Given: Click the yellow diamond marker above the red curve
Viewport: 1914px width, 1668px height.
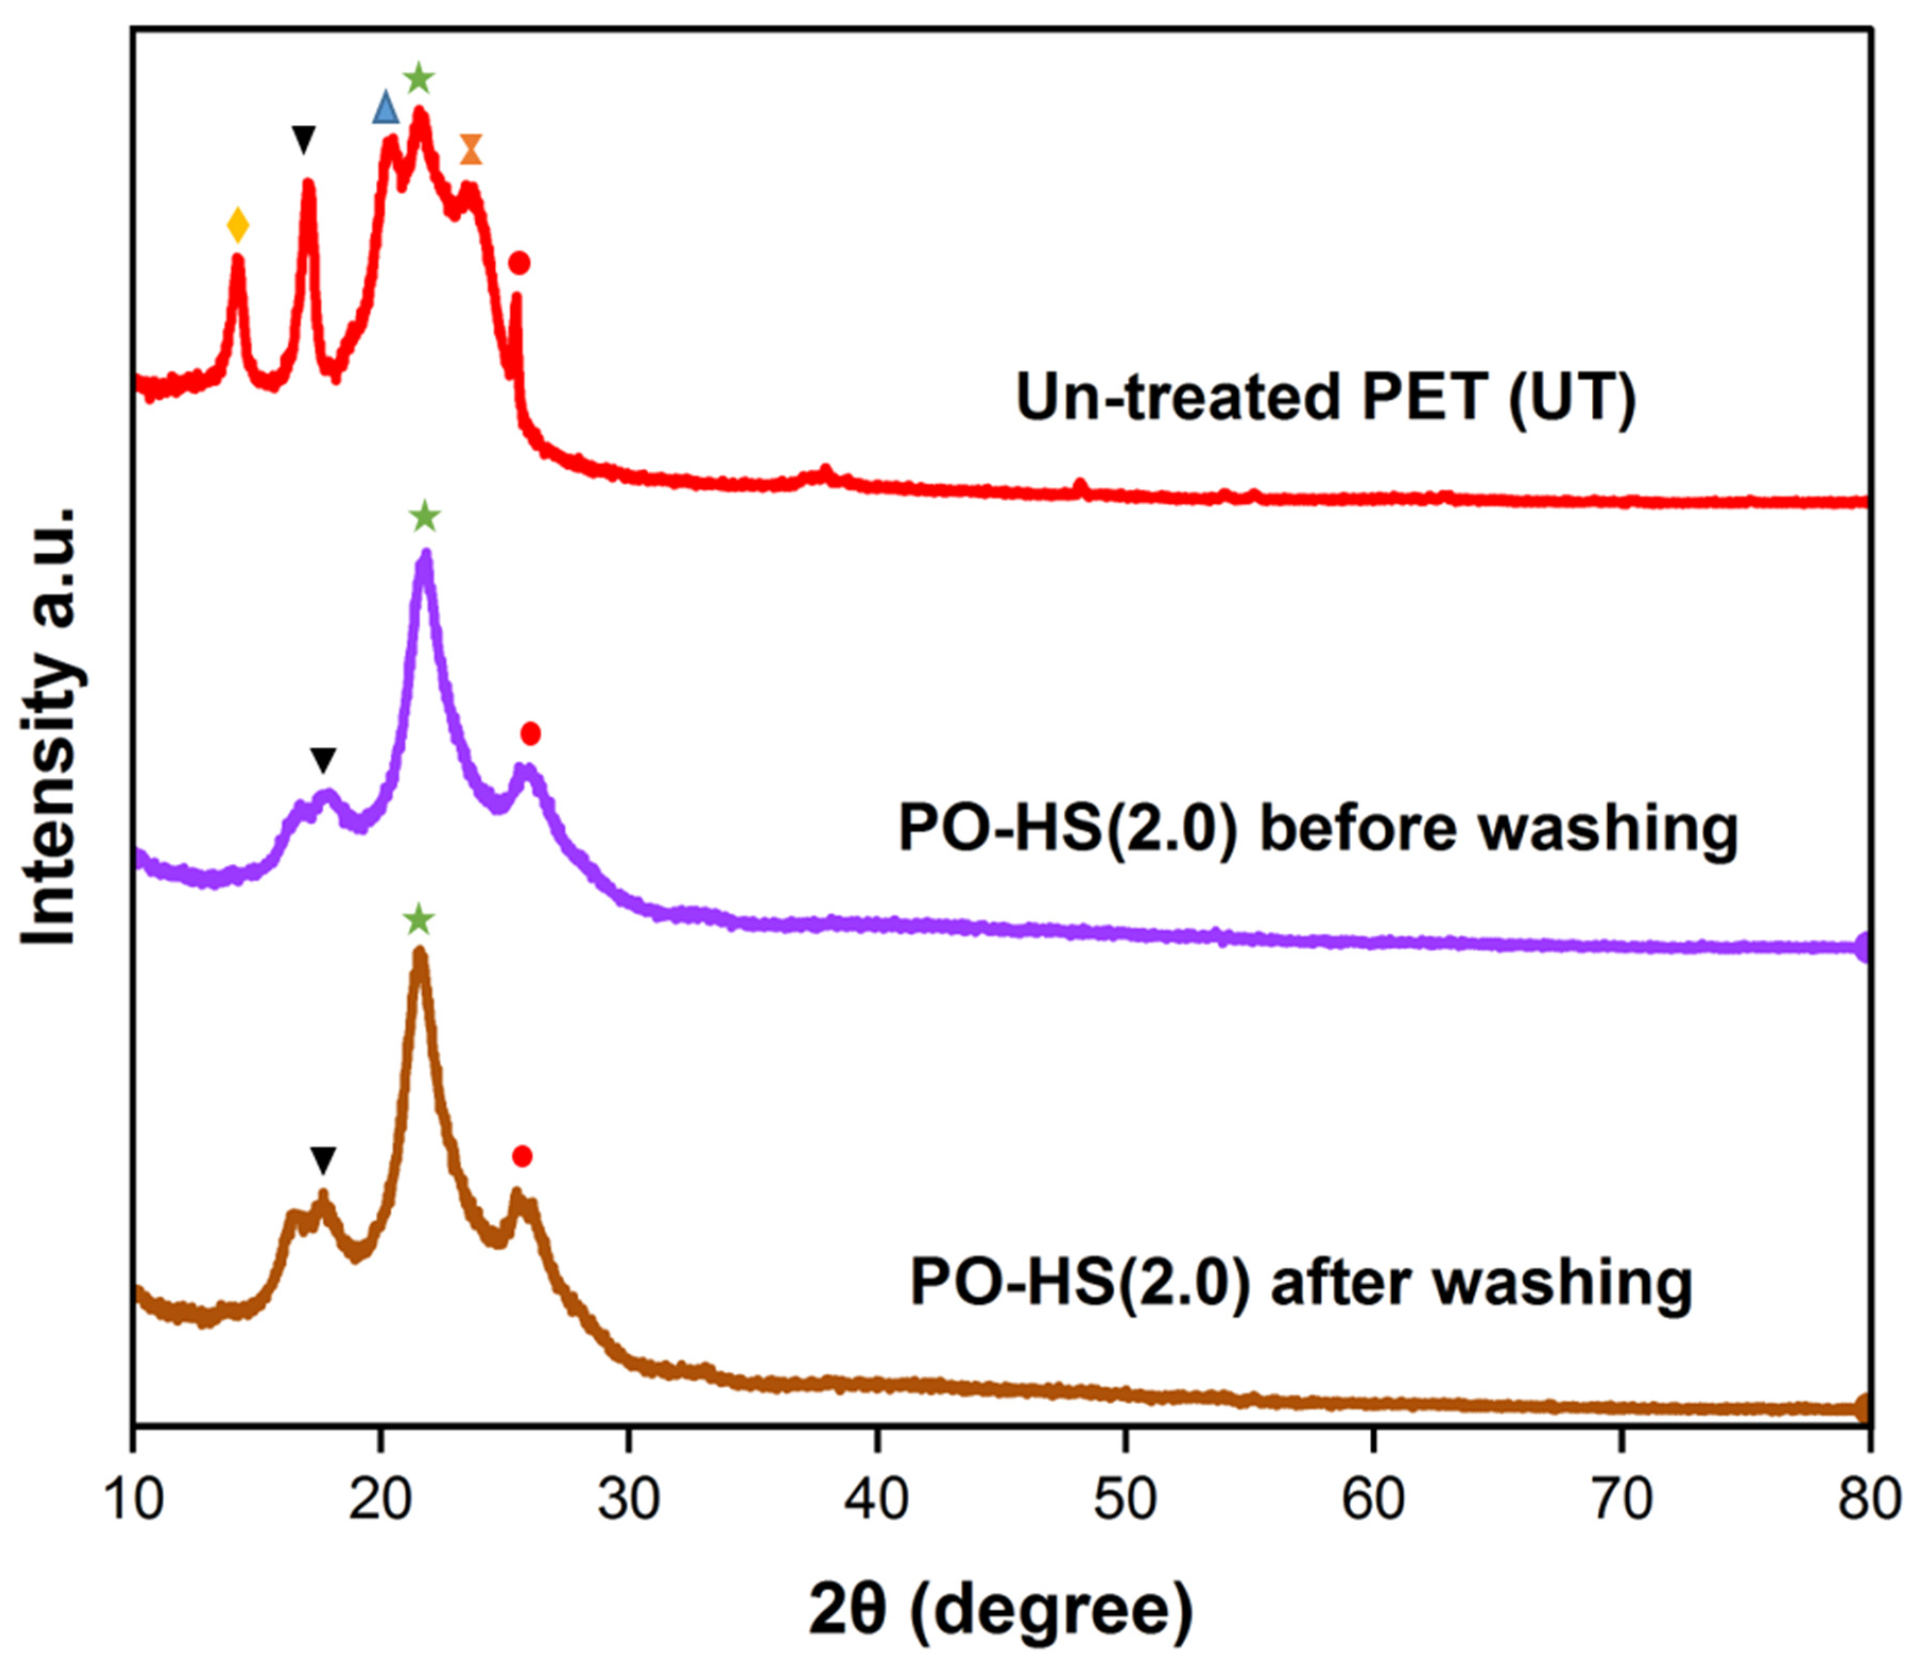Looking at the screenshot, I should click(238, 225).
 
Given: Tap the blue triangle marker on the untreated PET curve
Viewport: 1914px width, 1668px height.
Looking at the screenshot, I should click(385, 108).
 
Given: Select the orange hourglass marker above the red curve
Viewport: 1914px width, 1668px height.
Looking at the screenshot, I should click(472, 149).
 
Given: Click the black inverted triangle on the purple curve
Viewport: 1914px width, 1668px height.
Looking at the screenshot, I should click(323, 760).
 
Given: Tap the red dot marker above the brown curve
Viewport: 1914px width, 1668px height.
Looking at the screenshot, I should click(522, 1156).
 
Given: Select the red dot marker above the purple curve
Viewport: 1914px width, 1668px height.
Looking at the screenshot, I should click(530, 734).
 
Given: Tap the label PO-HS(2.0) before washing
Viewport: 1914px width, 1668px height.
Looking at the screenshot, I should click(1317, 828).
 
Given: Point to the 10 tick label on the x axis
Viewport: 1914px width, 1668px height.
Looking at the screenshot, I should click(135, 1500).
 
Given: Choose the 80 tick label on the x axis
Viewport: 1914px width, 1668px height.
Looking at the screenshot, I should click(1868, 1500).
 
